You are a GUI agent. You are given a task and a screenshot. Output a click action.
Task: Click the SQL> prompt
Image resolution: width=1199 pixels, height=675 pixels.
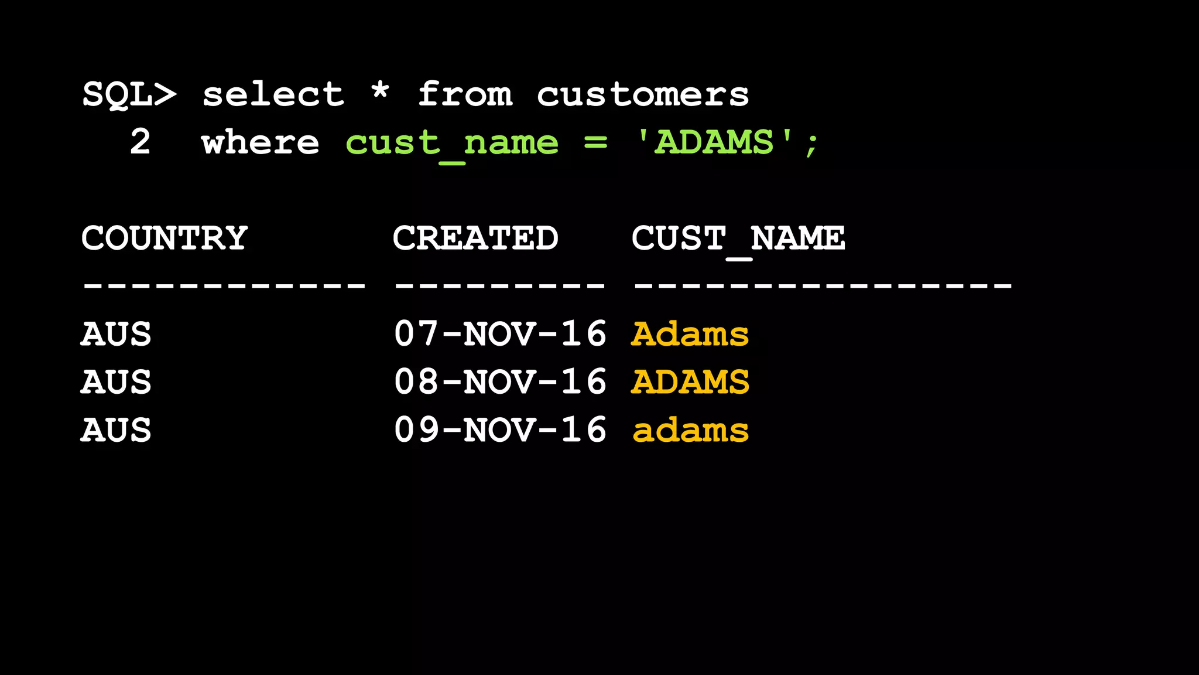click(x=129, y=95)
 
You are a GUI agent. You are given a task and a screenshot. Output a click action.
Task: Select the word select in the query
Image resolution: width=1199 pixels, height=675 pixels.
click(x=273, y=95)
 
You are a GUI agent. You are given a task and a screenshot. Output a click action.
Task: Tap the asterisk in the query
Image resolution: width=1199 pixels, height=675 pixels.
click(x=380, y=93)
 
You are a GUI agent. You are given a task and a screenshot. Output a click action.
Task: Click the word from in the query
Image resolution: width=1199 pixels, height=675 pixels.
click(x=465, y=95)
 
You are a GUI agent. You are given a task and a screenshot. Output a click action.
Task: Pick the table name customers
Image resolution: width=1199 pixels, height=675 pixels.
click(x=642, y=95)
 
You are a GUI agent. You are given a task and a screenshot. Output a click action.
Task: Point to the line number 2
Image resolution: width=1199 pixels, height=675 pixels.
click(x=140, y=142)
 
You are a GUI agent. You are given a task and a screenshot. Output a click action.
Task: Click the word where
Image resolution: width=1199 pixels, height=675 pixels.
click(x=260, y=142)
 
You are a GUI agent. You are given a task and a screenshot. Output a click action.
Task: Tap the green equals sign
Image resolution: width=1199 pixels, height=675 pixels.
click(x=595, y=142)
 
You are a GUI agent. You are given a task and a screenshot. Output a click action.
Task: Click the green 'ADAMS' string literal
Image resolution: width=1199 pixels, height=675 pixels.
click(x=715, y=142)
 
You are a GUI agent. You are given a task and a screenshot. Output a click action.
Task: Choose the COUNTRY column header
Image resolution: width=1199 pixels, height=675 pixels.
click(x=165, y=238)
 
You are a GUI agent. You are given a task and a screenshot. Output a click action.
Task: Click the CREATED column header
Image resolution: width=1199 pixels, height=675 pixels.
click(x=475, y=238)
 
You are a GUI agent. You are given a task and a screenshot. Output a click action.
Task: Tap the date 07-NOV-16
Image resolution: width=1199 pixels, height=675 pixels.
click(x=500, y=334)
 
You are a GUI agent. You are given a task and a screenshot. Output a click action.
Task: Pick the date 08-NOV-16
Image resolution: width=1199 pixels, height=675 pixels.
click(x=500, y=382)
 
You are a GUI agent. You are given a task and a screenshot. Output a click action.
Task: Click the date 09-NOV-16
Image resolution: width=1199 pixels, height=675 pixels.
click(x=500, y=430)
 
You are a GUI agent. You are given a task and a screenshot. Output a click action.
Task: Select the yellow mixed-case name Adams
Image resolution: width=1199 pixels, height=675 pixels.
click(x=690, y=334)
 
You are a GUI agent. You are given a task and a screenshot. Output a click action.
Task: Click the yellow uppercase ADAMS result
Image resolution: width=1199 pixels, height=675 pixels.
click(x=690, y=382)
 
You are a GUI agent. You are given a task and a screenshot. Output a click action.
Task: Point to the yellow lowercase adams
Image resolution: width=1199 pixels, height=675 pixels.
click(x=690, y=430)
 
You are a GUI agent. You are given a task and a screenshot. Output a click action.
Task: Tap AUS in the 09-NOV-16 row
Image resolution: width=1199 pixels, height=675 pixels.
click(x=116, y=430)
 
